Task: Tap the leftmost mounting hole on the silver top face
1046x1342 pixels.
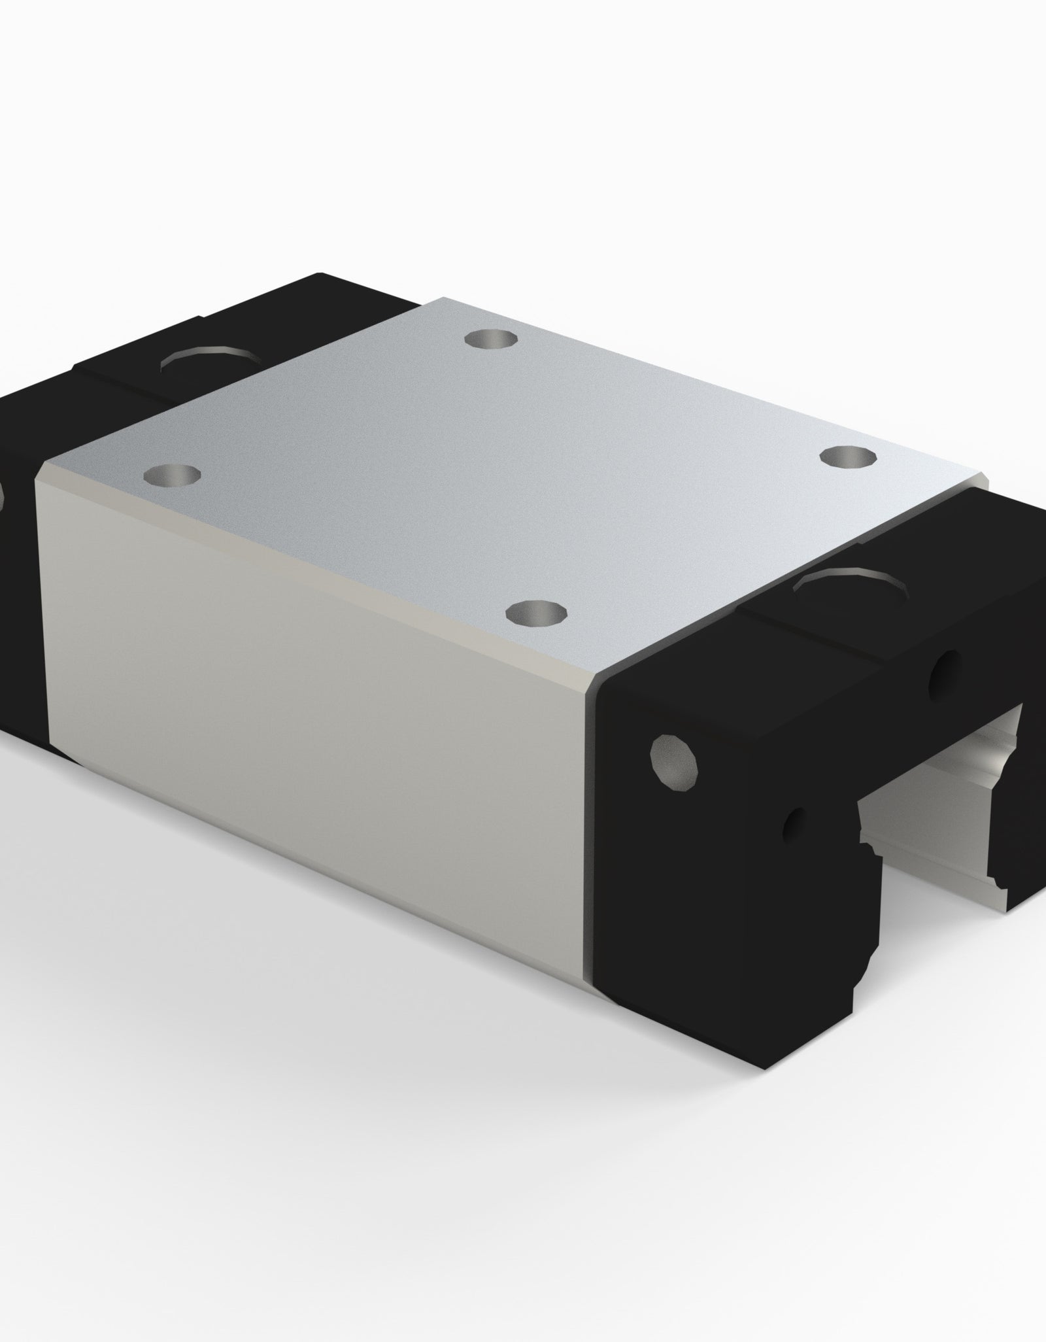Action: click(x=172, y=474)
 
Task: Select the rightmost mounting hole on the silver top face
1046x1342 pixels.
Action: click(x=849, y=456)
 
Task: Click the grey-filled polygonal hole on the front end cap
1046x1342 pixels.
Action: click(x=674, y=761)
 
